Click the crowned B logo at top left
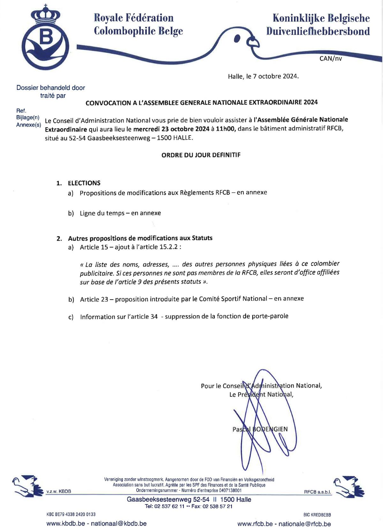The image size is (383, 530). [x=45, y=38]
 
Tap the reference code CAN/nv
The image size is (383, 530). [x=330, y=58]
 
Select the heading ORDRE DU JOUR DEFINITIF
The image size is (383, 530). [x=201, y=155]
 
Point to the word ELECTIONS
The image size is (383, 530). [x=84, y=183]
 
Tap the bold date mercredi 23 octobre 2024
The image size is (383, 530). [x=171, y=129]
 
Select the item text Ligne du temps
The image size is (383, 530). [x=102, y=213]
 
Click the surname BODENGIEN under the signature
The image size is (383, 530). [x=270, y=429]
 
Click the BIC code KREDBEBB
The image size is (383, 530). [x=321, y=515]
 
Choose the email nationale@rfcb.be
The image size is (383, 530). [x=304, y=524]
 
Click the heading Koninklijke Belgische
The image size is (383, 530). [x=321, y=18]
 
